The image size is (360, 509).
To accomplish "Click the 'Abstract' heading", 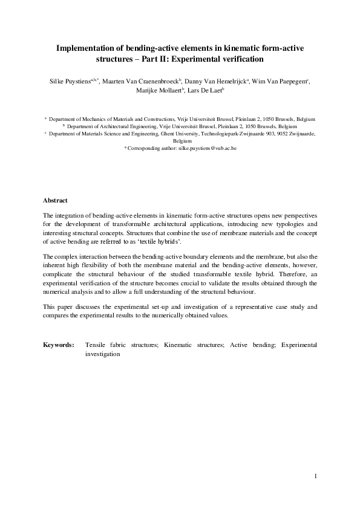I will click(56, 200).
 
